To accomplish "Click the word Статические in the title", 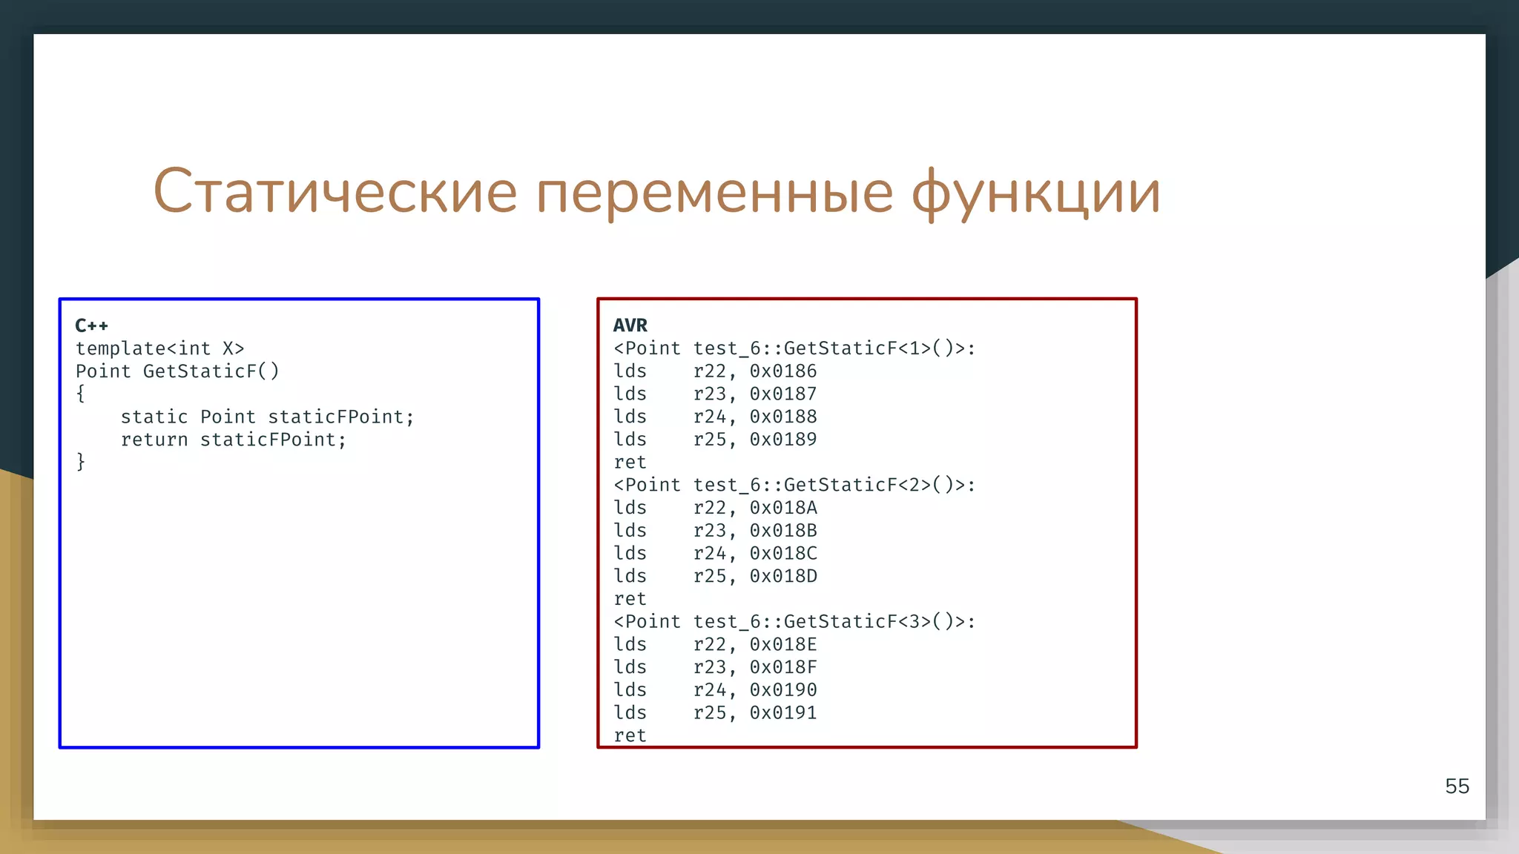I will click(335, 191).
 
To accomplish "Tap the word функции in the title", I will click(1035, 191).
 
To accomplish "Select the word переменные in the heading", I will click(714, 191).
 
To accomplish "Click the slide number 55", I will click(1457, 786).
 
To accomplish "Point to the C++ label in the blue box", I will click(92, 325).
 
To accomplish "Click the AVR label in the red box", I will click(630, 325).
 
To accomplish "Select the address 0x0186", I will click(782, 371).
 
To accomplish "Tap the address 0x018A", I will click(782, 508).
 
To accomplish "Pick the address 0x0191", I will click(782, 712).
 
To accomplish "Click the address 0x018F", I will click(782, 667).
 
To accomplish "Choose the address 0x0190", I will click(782, 690).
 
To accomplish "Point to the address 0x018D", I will click(782, 576).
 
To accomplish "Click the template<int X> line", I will click(159, 348).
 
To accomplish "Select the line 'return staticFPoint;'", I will click(234, 440).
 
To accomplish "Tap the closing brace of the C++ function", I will click(81, 462).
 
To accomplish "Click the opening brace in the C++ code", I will click(81, 394).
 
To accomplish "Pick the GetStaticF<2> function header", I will click(794, 485).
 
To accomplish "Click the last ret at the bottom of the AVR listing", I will click(630, 735).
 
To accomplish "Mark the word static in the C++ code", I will click(154, 417).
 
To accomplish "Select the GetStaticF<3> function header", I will click(794, 621).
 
